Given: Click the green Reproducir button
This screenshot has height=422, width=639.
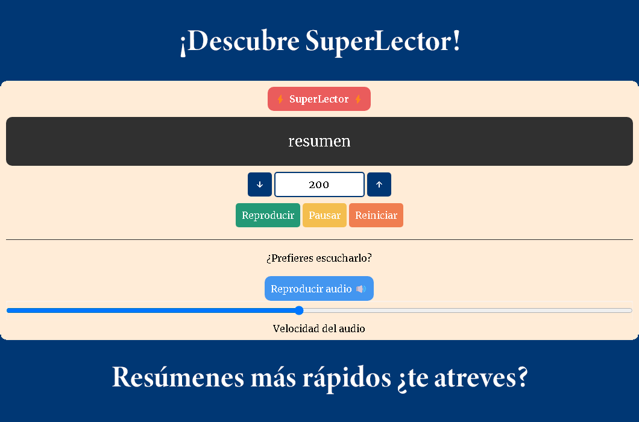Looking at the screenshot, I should point(268,215).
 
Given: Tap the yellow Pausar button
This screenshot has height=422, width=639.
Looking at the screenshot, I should point(324,215).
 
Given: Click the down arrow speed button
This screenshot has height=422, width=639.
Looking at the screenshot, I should point(260,184).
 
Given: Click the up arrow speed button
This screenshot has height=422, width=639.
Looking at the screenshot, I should point(379,184).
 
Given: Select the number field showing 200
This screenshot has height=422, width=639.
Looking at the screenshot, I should point(319,184).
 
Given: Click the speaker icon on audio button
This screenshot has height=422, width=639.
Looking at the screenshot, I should point(360,289).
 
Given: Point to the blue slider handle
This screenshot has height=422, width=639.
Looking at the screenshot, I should point(299,310).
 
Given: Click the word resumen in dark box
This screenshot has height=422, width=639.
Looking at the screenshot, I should point(319,141).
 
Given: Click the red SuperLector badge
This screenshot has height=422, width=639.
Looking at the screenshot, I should point(319,99).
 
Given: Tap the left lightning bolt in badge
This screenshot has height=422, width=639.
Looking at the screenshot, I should point(280,99).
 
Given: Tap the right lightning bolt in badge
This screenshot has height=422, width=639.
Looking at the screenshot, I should point(357,99).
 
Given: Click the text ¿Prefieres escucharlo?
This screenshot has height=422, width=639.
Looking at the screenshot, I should point(319,258).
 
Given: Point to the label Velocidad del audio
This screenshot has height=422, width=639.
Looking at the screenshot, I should point(319,329).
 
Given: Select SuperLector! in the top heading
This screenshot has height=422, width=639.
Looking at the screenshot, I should point(383,42).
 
